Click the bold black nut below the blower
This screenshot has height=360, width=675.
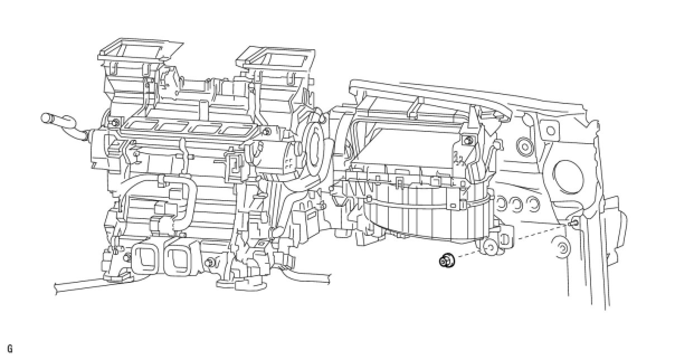(x=447, y=260)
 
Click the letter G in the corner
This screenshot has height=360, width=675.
(x=10, y=349)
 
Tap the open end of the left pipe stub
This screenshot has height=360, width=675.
(x=45, y=117)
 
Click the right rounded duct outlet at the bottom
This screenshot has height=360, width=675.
(x=179, y=257)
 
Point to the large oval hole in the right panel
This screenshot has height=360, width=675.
(x=569, y=177)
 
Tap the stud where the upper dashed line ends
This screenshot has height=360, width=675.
(x=573, y=224)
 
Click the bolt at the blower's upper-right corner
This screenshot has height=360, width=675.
(x=467, y=140)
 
